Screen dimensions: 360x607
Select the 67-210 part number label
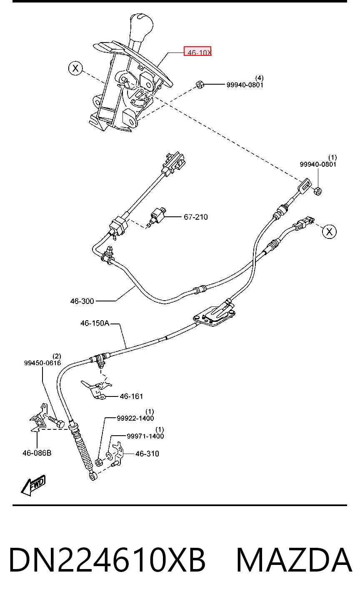195,217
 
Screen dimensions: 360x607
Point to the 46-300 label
82,301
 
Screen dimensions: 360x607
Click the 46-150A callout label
95,323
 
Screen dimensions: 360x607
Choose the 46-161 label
131,396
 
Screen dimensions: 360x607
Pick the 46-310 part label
147,454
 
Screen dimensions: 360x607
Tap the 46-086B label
37,453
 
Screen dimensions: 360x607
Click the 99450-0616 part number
42,363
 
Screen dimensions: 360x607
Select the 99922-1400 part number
135,418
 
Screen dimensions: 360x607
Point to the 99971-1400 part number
145,436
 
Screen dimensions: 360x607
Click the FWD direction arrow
33,485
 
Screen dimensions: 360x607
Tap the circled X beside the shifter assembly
75,68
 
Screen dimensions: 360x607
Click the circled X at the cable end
330,232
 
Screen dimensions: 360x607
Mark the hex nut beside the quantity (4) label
200,85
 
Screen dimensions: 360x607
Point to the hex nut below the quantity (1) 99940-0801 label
318,191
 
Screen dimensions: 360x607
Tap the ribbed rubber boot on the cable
82,446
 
